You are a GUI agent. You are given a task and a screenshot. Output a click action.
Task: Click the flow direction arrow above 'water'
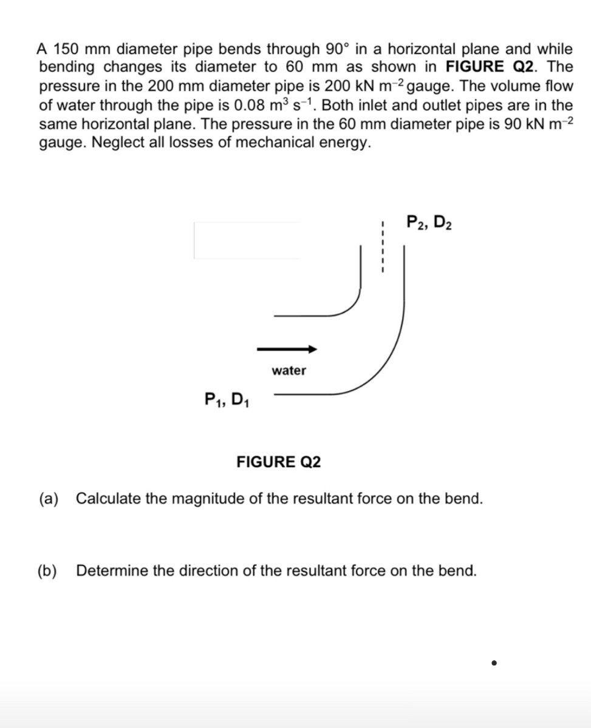287,349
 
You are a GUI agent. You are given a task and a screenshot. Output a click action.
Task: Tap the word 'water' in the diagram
289,370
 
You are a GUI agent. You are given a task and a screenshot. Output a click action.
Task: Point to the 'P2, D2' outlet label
428,223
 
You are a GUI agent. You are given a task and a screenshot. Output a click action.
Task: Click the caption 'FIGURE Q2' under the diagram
279,462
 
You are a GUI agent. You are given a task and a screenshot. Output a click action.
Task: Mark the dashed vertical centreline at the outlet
383,249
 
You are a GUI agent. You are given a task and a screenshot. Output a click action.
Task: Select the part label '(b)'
47,570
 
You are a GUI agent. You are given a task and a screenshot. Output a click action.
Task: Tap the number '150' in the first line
66,49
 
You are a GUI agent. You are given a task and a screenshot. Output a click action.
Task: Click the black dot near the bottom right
495,663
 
